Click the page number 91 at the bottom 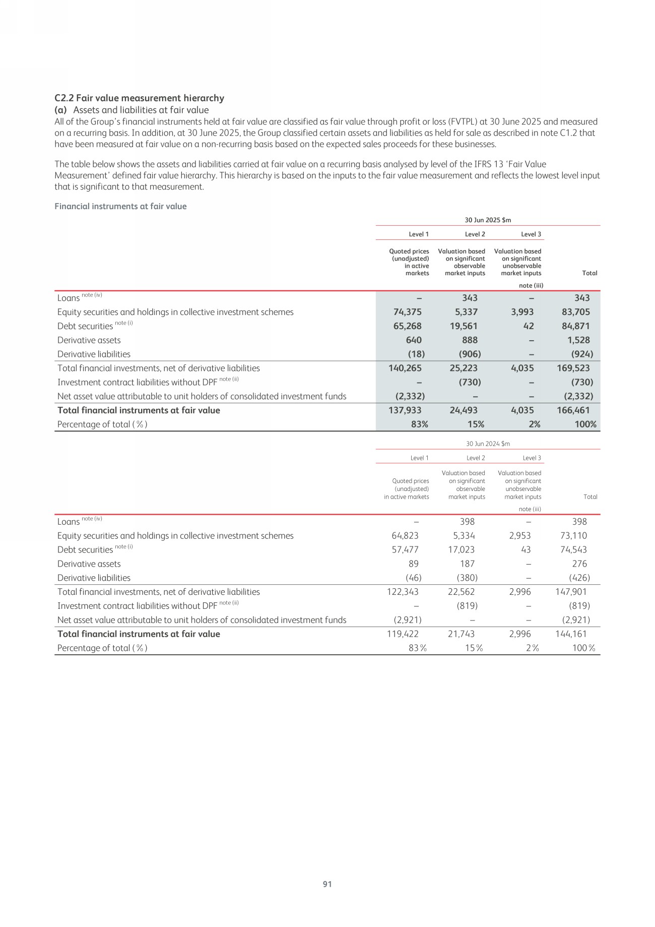tap(327, 884)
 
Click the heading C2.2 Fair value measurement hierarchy tap(139, 98)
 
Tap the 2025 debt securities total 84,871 tap(575, 326)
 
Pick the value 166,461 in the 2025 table tap(573, 410)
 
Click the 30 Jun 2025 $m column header tap(487, 220)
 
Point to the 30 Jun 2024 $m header tap(487, 444)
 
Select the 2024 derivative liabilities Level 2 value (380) tap(464, 578)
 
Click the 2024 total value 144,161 tap(571, 634)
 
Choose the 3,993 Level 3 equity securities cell tap(522, 312)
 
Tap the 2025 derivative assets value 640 tap(413, 340)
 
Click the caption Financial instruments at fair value tap(120, 206)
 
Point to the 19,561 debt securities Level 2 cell tap(464, 326)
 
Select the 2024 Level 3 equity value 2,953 tap(519, 536)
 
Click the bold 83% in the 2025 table tap(419, 424)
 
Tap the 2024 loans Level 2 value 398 tap(467, 522)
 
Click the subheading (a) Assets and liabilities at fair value tap(132, 110)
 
